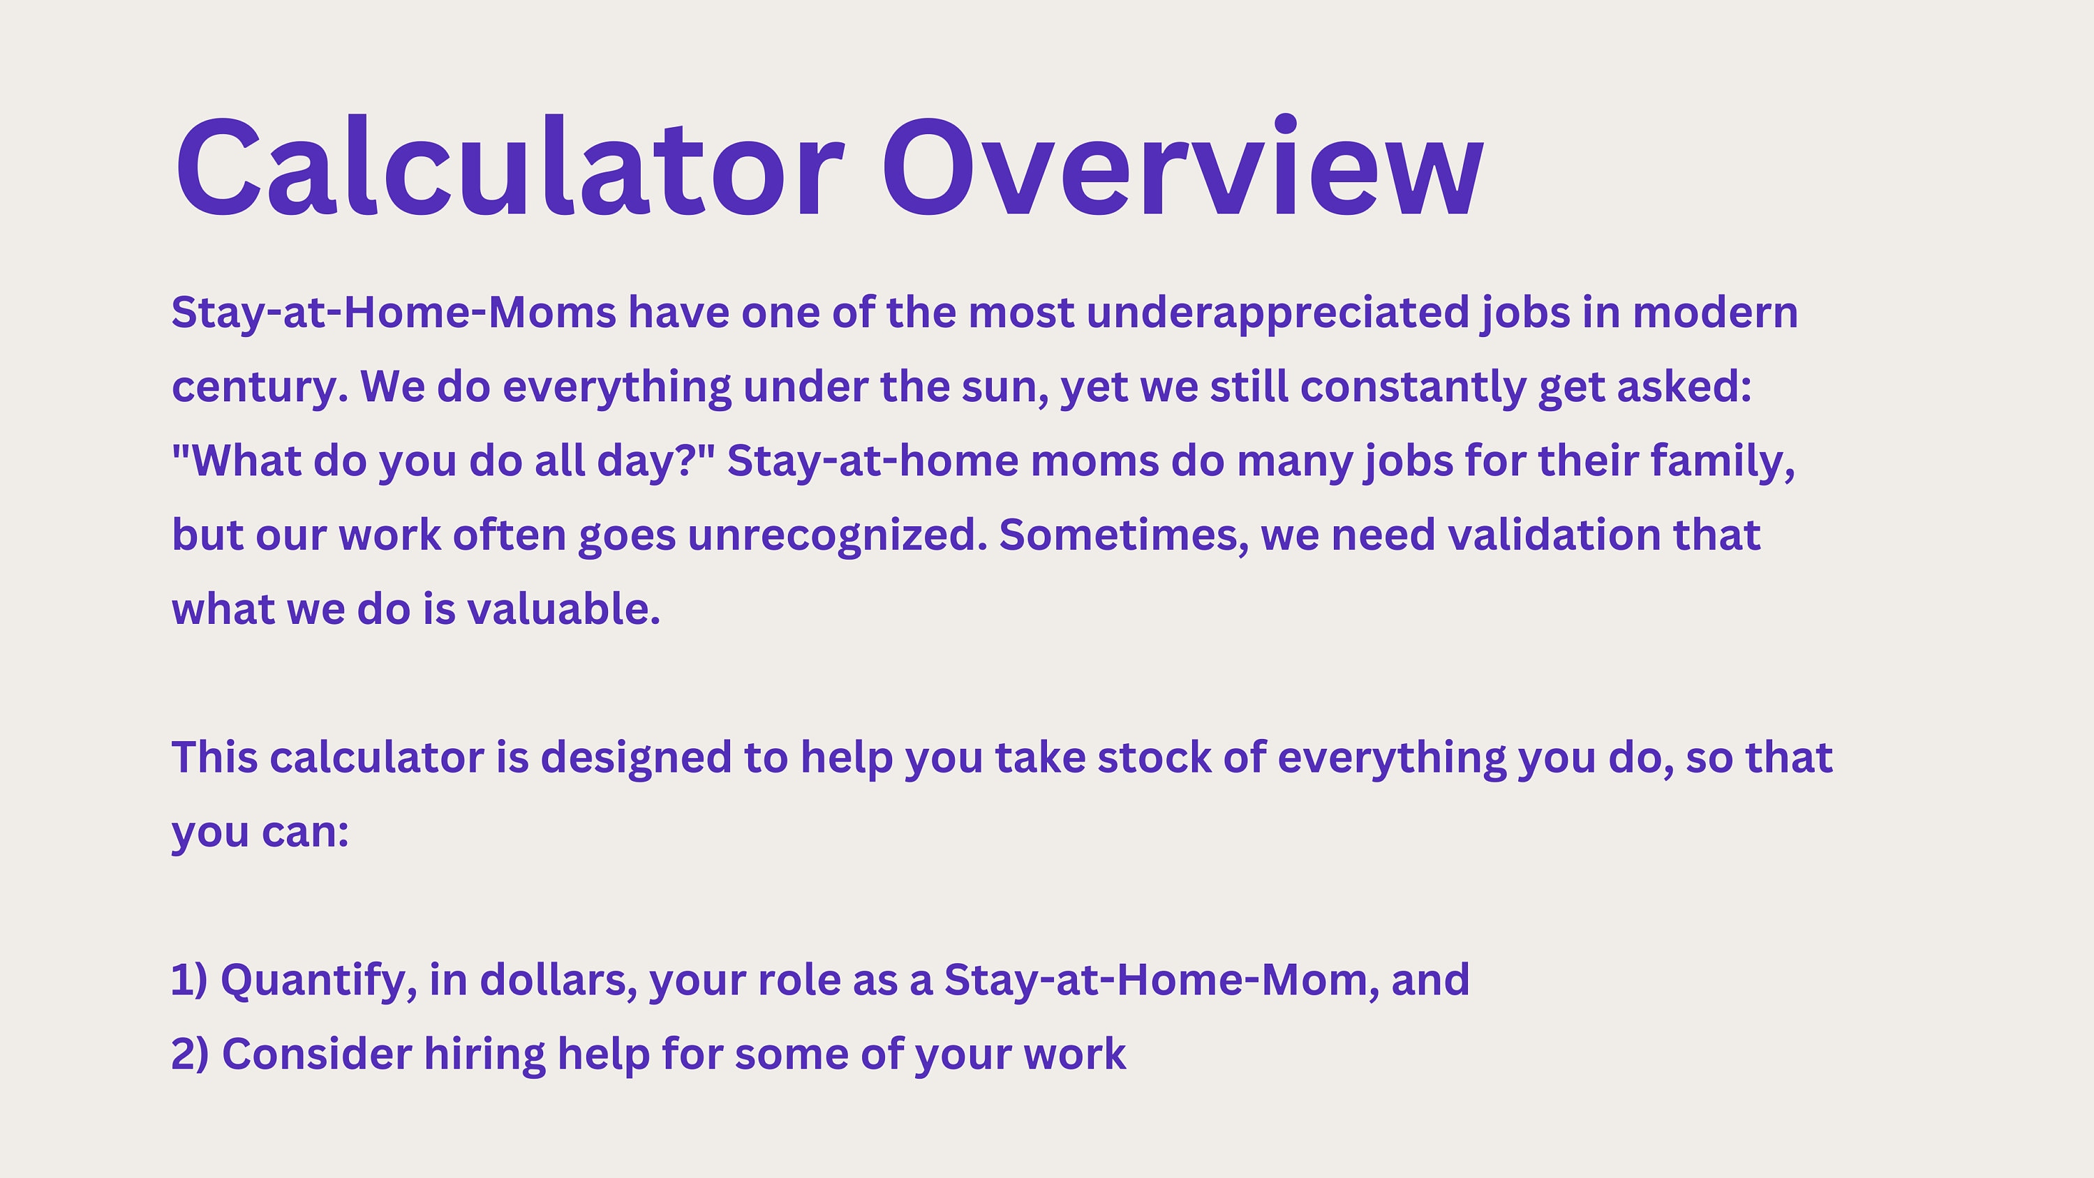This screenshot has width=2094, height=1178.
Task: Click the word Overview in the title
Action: coord(1182,167)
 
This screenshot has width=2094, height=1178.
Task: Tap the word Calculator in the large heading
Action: coord(510,166)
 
